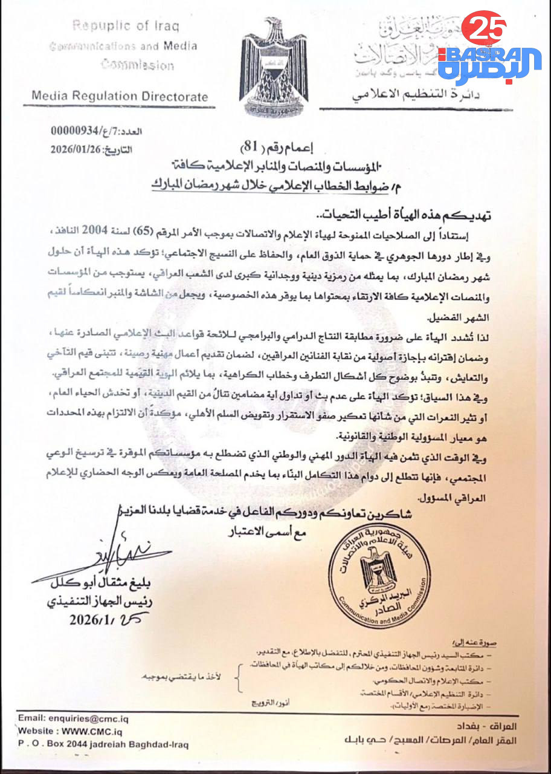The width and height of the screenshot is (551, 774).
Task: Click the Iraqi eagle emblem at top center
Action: click(x=275, y=67)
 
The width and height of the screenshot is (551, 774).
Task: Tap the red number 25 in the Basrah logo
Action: click(x=483, y=27)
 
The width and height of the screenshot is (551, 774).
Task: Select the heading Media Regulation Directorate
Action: click(x=120, y=96)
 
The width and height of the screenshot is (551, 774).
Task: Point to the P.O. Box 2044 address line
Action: click(x=103, y=744)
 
